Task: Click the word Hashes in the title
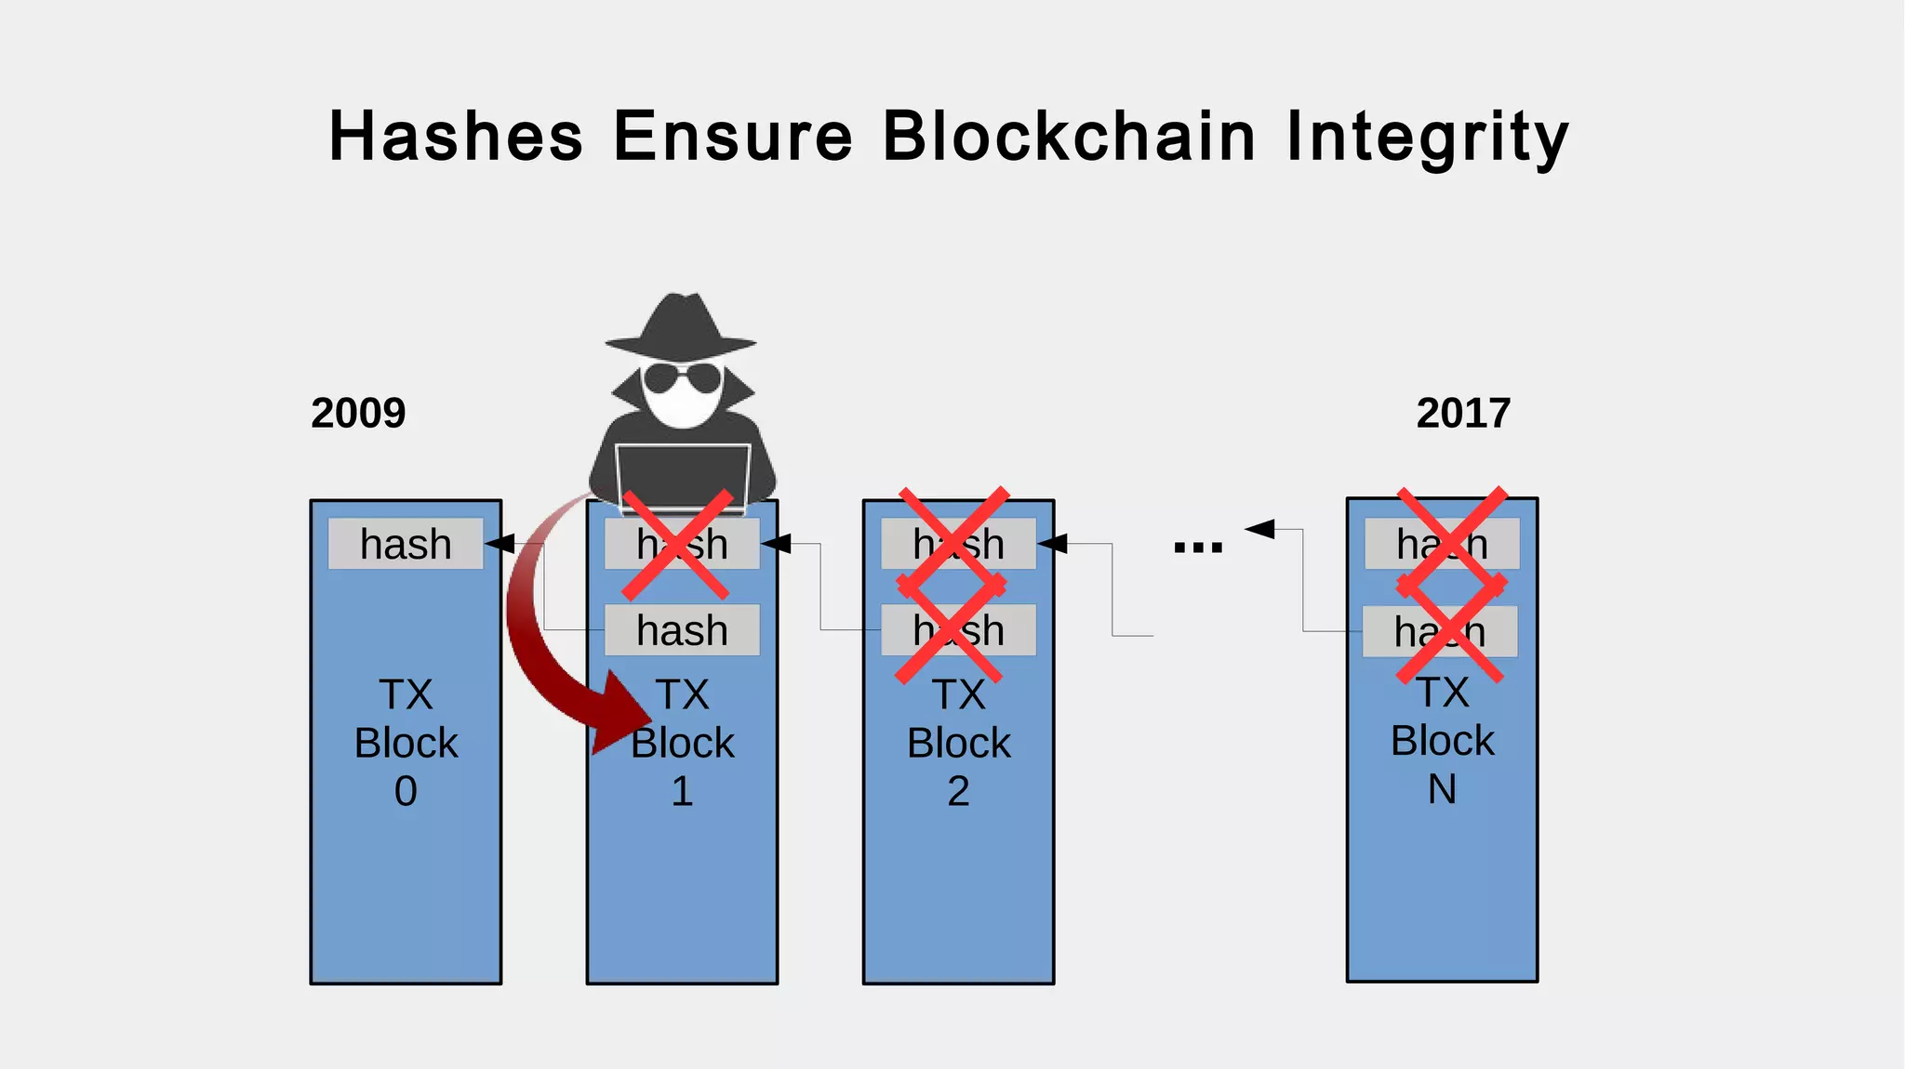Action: (x=456, y=137)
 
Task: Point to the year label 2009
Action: (x=358, y=413)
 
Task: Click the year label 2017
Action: (x=1463, y=413)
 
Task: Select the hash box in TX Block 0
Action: (x=406, y=544)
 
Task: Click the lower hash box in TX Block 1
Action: (x=682, y=630)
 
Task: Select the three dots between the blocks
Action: (x=1198, y=548)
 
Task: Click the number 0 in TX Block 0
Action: (x=406, y=791)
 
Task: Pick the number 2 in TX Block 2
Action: (x=958, y=791)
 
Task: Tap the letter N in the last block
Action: (x=1442, y=789)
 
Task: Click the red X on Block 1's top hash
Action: (x=676, y=545)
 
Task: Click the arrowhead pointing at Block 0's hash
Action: (x=500, y=544)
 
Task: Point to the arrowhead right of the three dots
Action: (x=1259, y=529)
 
